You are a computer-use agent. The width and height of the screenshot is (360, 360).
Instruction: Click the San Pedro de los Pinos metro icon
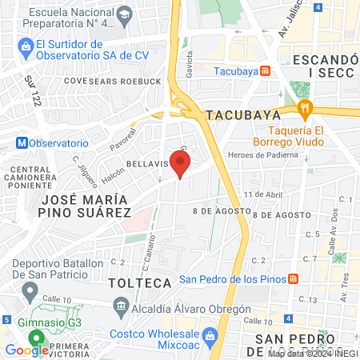click(294, 278)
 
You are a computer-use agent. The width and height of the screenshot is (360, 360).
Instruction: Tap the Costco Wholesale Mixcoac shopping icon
click(210, 334)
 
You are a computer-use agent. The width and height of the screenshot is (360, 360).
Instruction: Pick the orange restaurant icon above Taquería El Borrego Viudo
click(303, 108)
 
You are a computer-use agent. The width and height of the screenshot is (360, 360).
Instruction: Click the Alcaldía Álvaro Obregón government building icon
click(121, 305)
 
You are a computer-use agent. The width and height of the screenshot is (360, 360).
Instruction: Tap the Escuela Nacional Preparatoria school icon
click(124, 15)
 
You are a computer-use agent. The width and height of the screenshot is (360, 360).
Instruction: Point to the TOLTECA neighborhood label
click(140, 283)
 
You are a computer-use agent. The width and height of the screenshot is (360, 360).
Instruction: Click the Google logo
click(26, 350)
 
